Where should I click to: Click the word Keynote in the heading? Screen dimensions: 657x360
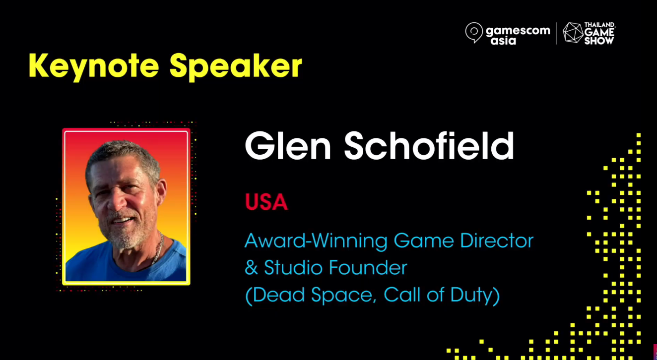94,66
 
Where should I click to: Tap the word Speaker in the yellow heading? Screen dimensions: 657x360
236,66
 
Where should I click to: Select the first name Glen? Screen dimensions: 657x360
288,146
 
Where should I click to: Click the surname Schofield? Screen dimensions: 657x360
429,146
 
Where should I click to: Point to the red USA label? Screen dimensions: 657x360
266,202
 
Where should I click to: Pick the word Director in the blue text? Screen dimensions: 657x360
497,240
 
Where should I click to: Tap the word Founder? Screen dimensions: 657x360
368,267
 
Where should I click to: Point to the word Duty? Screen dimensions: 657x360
473,295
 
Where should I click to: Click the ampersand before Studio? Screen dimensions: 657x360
252,267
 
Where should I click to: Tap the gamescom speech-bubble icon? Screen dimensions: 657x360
474,33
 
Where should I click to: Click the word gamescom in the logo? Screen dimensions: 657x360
518,31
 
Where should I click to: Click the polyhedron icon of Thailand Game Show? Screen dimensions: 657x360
573,33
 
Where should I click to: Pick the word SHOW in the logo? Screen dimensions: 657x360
599,41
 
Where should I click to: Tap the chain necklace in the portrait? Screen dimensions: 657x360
158,248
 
